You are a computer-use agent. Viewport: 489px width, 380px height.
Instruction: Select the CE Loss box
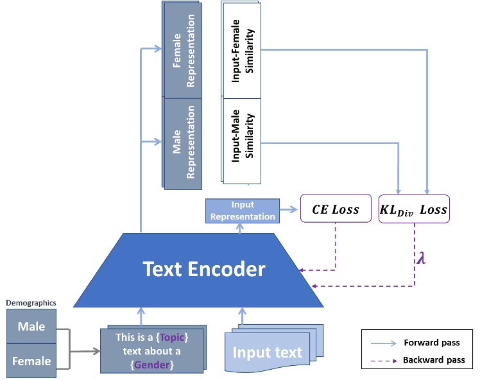pyautogui.click(x=335, y=209)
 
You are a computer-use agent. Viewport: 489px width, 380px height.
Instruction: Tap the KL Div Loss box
pyautogui.click(x=414, y=209)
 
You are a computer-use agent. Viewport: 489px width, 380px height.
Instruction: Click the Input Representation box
pyautogui.click(x=243, y=211)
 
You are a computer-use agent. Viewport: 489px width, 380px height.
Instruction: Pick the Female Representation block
pyautogui.click(x=183, y=50)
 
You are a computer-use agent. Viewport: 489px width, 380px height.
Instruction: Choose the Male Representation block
pyautogui.click(x=183, y=142)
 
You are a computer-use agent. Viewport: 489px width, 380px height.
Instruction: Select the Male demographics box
pyautogui.click(x=31, y=326)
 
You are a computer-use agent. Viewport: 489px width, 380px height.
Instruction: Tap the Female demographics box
pyautogui.click(x=31, y=360)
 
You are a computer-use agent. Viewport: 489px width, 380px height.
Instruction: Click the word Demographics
pyautogui.click(x=31, y=302)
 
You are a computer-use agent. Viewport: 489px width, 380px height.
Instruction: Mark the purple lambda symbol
pyautogui.click(x=421, y=259)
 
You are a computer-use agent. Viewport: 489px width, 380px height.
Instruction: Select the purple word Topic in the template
pyautogui.click(x=173, y=336)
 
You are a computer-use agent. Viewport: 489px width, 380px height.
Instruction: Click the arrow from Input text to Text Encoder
pyautogui.click(x=243, y=316)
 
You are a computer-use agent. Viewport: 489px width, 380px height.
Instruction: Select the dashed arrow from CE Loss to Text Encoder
pyautogui.click(x=335, y=250)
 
